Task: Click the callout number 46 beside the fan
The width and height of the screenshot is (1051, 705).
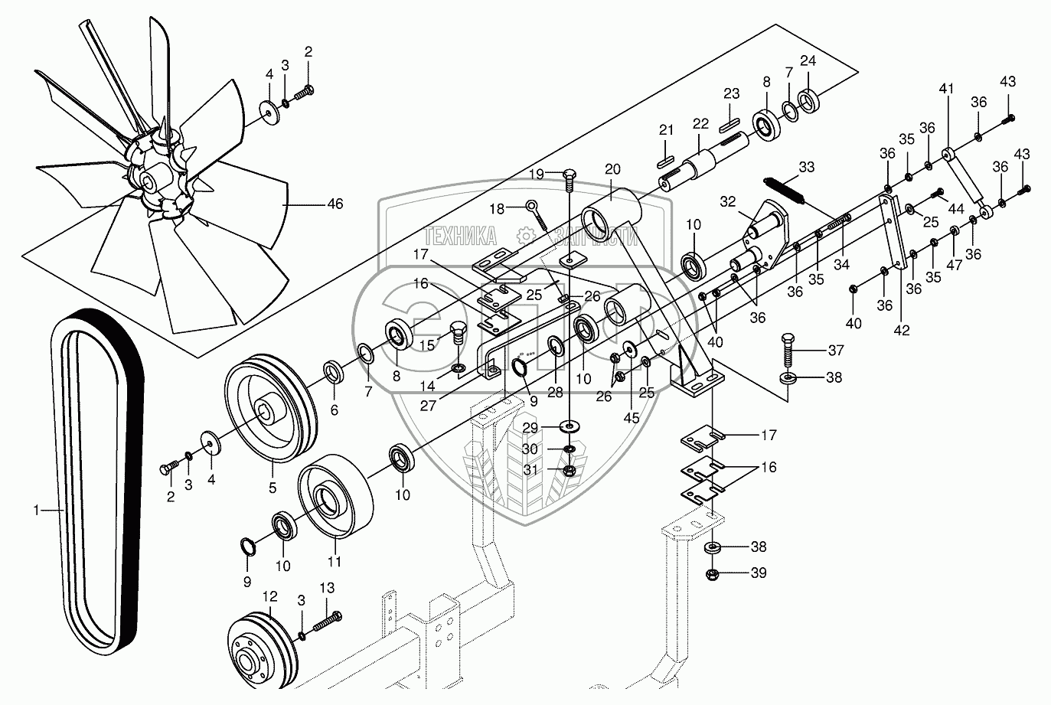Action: pyautogui.click(x=335, y=204)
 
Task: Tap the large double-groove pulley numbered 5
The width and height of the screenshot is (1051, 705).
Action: pyautogui.click(x=271, y=408)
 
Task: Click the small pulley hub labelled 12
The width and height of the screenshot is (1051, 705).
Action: pyautogui.click(x=262, y=652)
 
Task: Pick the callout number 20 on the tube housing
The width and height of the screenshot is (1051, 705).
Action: pyautogui.click(x=613, y=169)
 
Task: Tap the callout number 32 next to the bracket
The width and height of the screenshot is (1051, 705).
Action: pyautogui.click(x=728, y=201)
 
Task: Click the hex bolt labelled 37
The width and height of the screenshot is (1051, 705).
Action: pyautogui.click(x=788, y=351)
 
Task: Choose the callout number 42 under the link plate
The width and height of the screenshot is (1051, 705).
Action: pyautogui.click(x=901, y=330)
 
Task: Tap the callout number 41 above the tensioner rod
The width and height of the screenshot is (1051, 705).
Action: pyautogui.click(x=946, y=88)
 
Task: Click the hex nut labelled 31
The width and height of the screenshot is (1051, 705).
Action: pyautogui.click(x=569, y=471)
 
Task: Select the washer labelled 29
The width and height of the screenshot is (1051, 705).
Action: pyautogui.click(x=570, y=426)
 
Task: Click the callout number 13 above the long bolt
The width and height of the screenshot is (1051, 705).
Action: pyautogui.click(x=327, y=588)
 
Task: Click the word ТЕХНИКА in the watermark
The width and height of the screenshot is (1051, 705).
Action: pyautogui.click(x=460, y=236)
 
